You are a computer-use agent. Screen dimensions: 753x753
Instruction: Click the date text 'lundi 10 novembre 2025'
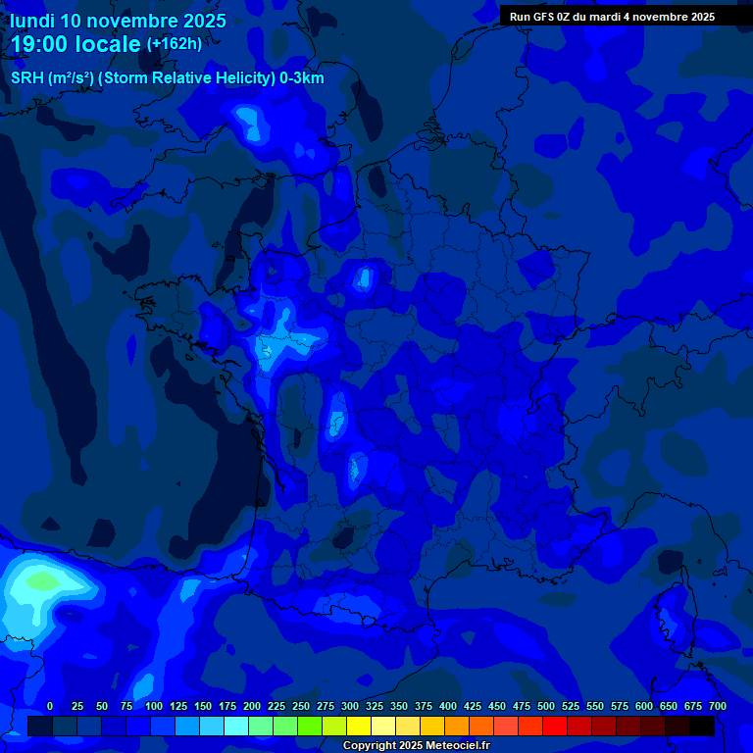click(118, 21)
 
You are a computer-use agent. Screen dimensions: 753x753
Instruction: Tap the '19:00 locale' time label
click(75, 44)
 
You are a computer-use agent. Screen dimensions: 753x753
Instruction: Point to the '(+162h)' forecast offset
click(175, 44)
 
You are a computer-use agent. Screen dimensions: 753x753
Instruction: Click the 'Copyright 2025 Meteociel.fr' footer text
click(416, 745)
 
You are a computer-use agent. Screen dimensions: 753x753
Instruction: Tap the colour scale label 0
click(50, 706)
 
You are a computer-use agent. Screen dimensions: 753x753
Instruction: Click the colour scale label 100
click(154, 706)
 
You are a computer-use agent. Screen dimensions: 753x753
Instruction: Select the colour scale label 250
click(301, 706)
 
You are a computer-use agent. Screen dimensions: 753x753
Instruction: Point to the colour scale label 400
click(448, 706)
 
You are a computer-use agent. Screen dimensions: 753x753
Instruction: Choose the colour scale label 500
click(546, 706)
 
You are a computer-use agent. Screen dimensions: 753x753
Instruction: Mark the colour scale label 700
click(717, 706)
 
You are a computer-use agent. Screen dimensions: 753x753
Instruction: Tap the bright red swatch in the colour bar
click(555, 727)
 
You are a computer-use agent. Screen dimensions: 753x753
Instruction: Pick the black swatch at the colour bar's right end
click(702, 727)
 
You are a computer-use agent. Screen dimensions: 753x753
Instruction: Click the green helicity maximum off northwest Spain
click(42, 581)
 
